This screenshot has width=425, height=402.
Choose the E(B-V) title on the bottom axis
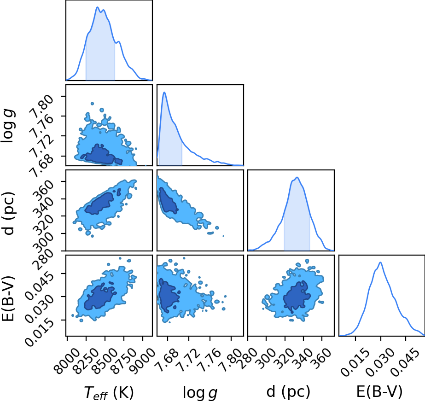point(379,392)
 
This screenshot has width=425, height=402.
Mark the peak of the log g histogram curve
point(164,92)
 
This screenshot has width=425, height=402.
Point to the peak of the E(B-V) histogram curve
point(380,262)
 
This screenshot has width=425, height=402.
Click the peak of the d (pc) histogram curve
point(297,177)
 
